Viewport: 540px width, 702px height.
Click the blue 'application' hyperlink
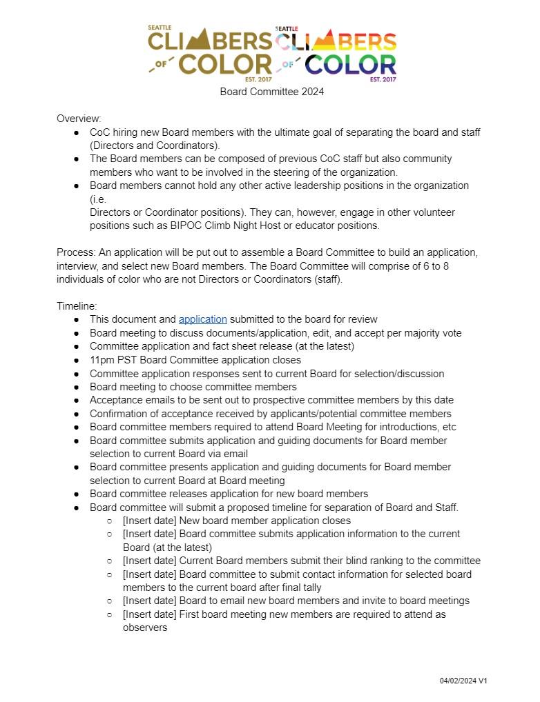click(202, 319)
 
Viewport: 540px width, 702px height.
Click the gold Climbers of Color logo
click(210, 53)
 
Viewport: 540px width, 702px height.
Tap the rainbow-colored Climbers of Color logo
click(336, 53)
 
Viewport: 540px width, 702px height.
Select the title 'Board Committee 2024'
click(272, 92)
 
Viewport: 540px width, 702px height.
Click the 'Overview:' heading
click(79, 119)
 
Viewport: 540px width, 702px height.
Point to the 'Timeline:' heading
click(77, 306)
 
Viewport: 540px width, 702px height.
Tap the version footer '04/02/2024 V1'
click(463, 681)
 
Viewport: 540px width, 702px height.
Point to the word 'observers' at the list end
click(145, 628)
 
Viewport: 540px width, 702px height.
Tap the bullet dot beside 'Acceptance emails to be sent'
click(77, 401)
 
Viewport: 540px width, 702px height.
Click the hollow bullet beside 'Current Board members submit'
click(110, 561)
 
